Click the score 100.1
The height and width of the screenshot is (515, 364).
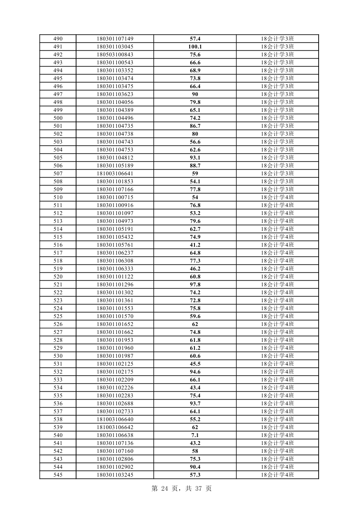[195, 47]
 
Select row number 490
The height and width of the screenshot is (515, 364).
[58, 39]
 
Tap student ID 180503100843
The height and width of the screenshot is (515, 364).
[115, 55]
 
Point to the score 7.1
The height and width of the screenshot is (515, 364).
[195, 435]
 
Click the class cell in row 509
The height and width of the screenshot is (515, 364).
[277, 189]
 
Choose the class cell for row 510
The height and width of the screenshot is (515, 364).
[277, 197]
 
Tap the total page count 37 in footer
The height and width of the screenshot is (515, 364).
[196, 489]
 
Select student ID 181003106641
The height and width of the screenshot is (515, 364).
[115, 174]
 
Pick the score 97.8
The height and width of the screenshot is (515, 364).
[195, 285]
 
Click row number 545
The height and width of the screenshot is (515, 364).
[58, 475]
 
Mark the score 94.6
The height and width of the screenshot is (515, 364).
[195, 372]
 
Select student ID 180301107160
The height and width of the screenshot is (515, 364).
[115, 451]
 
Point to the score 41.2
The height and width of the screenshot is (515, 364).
[195, 245]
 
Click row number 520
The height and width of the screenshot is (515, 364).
[58, 277]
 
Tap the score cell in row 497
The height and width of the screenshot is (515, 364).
[195, 94]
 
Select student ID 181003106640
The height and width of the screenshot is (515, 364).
[115, 419]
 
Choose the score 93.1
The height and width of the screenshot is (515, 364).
[195, 158]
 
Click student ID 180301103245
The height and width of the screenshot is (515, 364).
[115, 475]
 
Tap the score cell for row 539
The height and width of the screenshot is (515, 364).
[195, 427]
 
